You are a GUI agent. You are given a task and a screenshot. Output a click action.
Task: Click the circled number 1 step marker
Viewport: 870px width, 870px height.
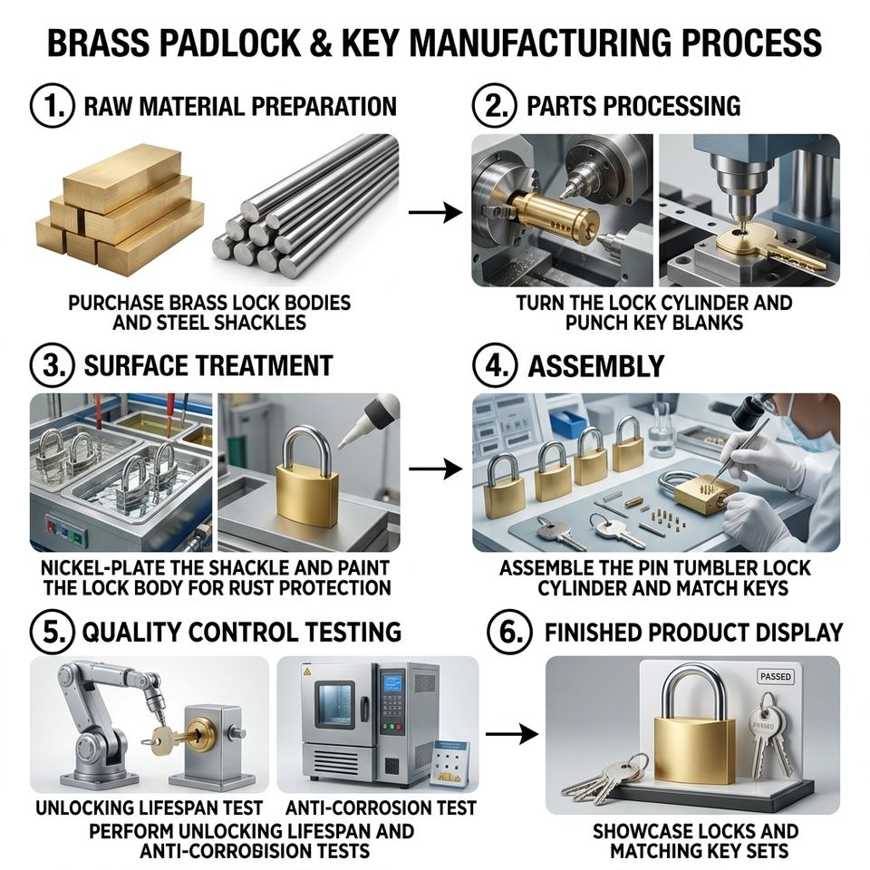52,105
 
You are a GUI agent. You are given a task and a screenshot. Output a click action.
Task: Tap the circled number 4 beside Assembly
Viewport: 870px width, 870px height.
495,365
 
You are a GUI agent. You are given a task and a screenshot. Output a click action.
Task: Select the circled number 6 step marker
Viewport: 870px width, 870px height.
509,632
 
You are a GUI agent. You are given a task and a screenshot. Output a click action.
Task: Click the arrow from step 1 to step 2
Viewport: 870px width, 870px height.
435,212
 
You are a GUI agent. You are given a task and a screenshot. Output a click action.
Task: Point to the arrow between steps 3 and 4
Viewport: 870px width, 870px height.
435,469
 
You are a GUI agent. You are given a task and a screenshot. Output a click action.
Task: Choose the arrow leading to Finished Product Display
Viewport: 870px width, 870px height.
511,734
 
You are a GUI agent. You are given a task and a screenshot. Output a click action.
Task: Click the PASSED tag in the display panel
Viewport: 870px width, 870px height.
776,676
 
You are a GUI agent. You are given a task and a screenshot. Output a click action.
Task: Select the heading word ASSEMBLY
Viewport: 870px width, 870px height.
596,366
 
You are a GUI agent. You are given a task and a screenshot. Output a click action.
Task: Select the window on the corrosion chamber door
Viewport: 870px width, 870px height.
334,705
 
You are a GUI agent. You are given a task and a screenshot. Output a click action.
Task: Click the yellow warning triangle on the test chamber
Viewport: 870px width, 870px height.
307,672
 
